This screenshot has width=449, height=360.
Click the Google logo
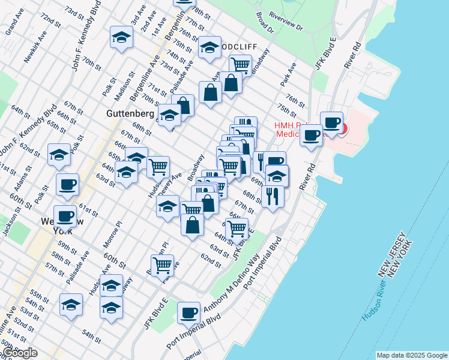pos(20,353)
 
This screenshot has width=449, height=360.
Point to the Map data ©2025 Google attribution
pos(412,355)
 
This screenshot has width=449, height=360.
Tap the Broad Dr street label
pos(264,23)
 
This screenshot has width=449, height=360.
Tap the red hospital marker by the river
pos(343,128)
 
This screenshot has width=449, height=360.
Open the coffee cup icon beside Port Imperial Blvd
pos(188,313)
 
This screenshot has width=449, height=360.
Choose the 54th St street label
pos(92,334)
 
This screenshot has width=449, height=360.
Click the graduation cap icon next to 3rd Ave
pos(122,38)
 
